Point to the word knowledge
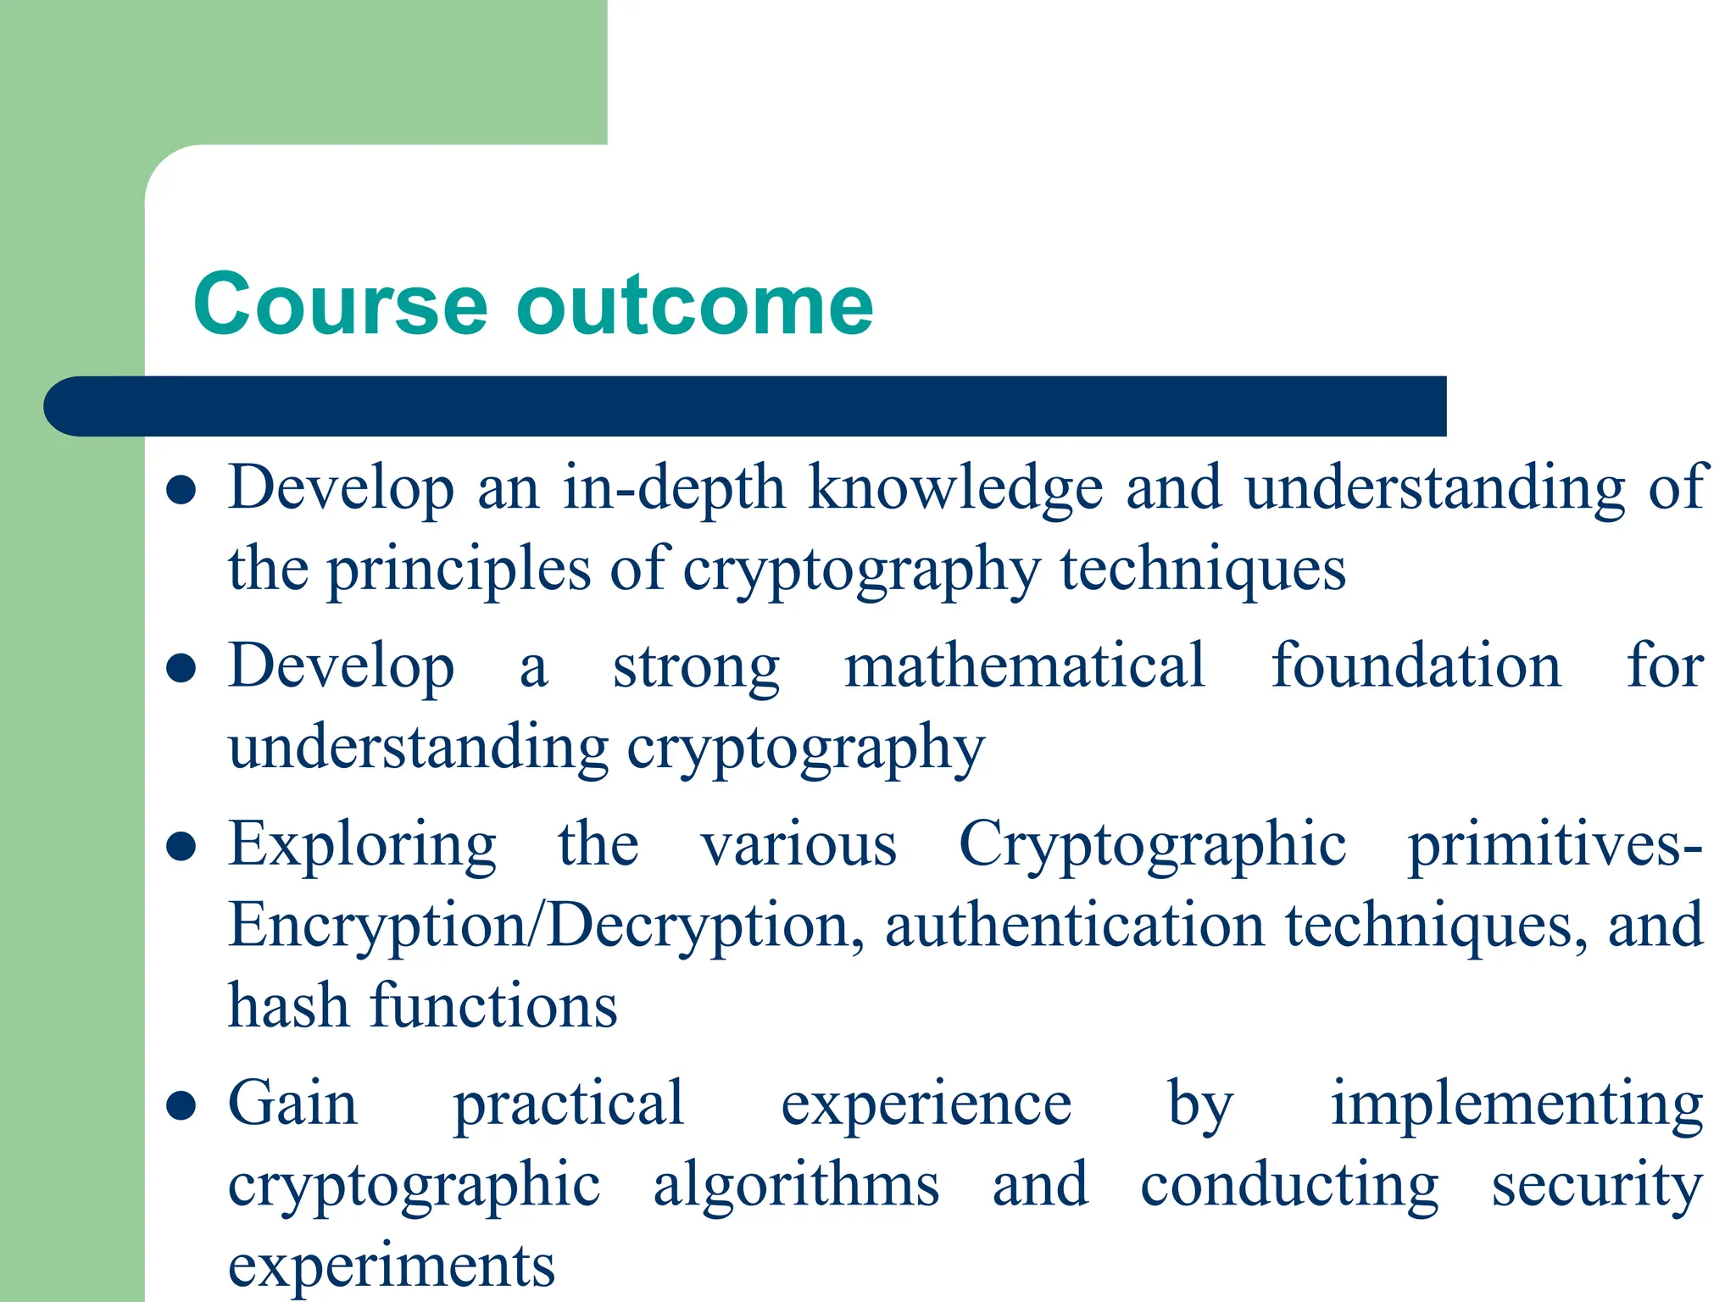click(955, 490)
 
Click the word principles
click(459, 570)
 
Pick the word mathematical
click(1025, 665)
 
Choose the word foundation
click(1416, 665)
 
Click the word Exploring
click(363, 846)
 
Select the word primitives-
click(1555, 846)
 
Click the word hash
click(288, 1006)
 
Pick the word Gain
click(292, 1104)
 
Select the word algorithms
click(796, 1186)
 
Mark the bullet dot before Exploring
click(181, 846)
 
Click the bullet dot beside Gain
click(181, 1105)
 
